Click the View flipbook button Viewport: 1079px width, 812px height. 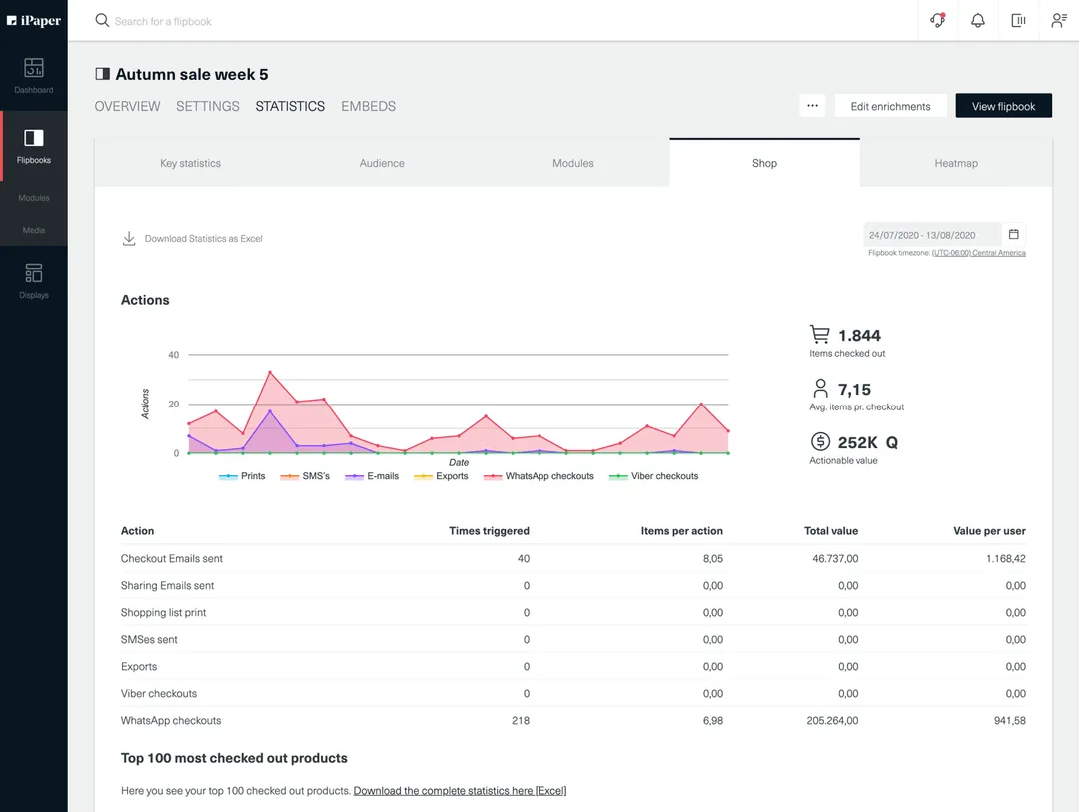[1003, 106]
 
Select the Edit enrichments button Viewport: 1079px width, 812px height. [890, 106]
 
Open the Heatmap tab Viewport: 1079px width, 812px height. [955, 163]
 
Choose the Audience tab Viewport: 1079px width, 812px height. [382, 163]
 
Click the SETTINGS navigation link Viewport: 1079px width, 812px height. [207, 106]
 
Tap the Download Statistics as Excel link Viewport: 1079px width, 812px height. [203, 239]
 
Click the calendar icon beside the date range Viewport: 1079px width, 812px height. [1013, 235]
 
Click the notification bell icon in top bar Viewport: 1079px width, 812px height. [978, 20]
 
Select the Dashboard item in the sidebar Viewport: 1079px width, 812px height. [34, 76]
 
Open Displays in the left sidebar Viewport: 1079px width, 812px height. [34, 280]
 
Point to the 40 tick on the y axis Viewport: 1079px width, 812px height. [174, 355]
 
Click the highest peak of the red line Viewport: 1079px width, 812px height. [270, 373]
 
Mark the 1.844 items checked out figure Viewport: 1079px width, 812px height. [859, 336]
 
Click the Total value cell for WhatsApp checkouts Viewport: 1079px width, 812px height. [832, 720]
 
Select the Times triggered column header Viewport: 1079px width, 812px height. [489, 531]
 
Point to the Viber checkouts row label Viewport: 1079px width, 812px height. [159, 693]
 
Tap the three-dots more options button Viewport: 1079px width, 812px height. [812, 106]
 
